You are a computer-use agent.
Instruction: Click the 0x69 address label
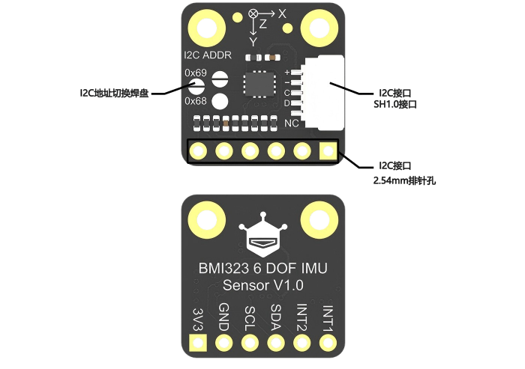pyautogui.click(x=196, y=73)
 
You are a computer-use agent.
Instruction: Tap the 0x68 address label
pyautogui.click(x=196, y=100)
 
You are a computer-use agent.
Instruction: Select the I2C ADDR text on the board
pyautogui.click(x=208, y=55)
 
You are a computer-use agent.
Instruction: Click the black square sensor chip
pyautogui.click(x=259, y=84)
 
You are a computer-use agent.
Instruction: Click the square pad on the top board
pyautogui.click(x=328, y=151)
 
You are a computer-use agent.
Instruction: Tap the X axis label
pyautogui.click(x=282, y=13)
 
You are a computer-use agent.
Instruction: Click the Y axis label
pyautogui.click(x=253, y=42)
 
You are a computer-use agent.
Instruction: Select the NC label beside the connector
pyautogui.click(x=291, y=123)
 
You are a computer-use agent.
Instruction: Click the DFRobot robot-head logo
pyautogui.click(x=263, y=234)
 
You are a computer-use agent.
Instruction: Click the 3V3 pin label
pyautogui.click(x=199, y=320)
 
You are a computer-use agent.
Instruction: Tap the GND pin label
pyautogui.click(x=224, y=317)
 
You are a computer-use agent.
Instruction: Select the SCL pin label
pyautogui.click(x=250, y=319)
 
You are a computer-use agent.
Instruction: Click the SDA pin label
pyautogui.click(x=276, y=317)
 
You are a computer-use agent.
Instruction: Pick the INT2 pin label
pyautogui.click(x=302, y=317)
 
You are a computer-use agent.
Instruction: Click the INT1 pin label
pyautogui.click(x=328, y=319)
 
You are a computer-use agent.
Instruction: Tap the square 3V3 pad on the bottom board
pyautogui.click(x=198, y=343)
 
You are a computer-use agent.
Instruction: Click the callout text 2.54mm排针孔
pyautogui.click(x=404, y=180)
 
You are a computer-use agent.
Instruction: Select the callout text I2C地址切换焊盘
pyautogui.click(x=114, y=93)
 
